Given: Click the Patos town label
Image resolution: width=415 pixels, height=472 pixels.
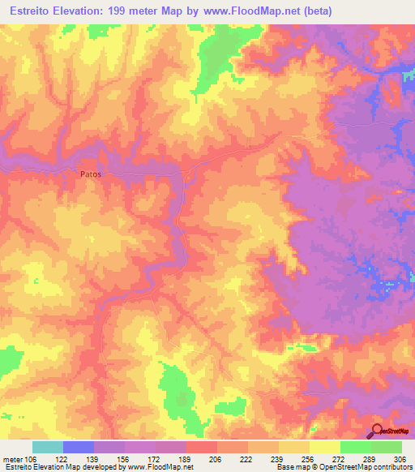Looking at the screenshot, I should coord(92,173).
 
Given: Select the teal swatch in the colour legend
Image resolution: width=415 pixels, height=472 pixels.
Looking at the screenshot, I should coord(48,447).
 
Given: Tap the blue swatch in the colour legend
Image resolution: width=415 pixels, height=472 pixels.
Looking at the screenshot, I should coord(79,447).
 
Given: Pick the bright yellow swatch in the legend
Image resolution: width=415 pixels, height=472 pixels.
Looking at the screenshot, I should coord(325,447).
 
